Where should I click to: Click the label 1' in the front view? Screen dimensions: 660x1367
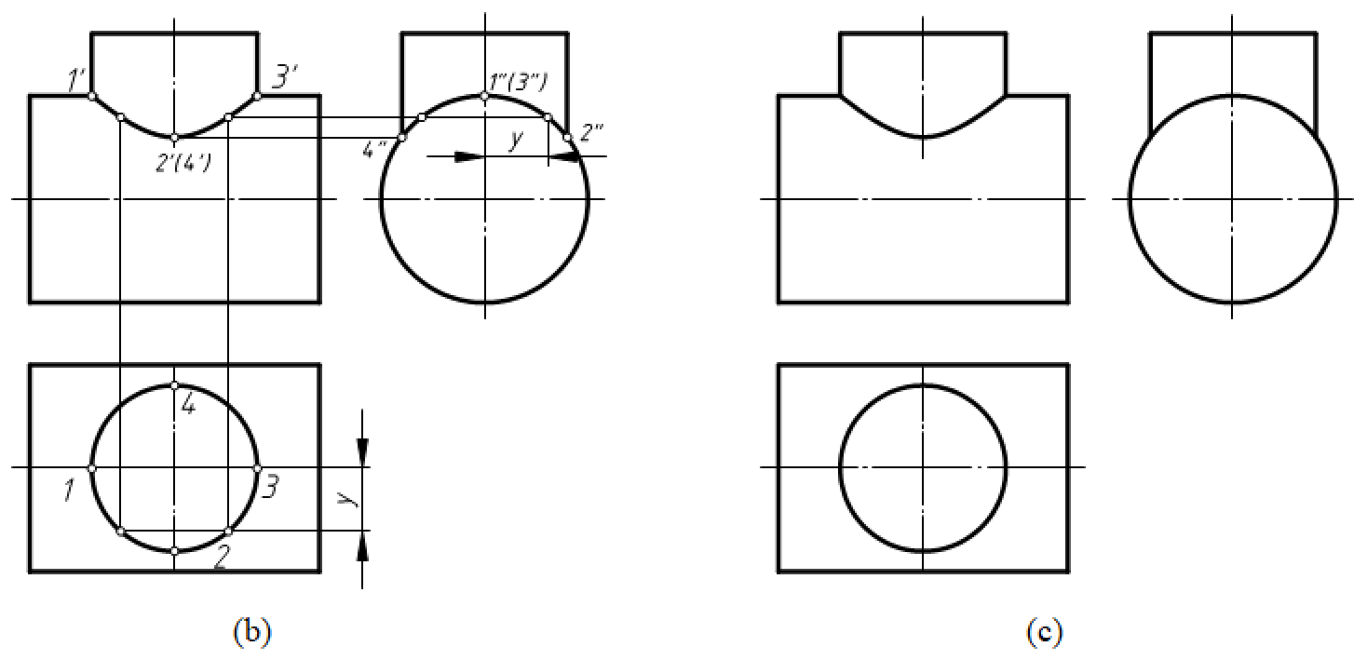[76, 81]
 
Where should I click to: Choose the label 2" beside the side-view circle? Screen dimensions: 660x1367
[591, 131]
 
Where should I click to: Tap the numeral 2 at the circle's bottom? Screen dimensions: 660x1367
[222, 559]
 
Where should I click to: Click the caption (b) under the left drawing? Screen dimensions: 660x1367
[250, 632]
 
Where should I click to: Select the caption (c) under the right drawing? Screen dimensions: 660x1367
[1045, 632]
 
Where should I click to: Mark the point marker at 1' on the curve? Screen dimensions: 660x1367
[91, 96]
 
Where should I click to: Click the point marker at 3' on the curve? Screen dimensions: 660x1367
[257, 96]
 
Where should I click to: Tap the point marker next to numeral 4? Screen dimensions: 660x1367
[174, 385]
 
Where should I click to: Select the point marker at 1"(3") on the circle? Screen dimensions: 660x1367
[484, 96]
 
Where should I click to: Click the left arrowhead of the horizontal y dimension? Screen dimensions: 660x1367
[470, 157]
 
